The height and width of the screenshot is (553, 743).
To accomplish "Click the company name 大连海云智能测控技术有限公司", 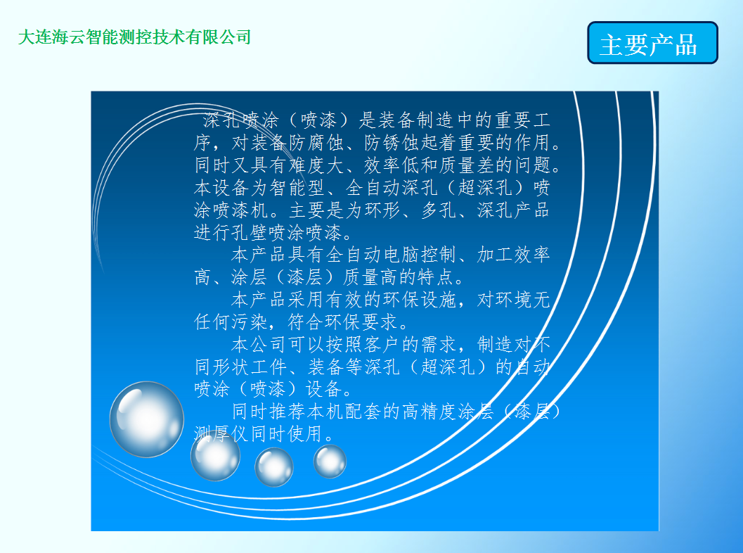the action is pyautogui.click(x=134, y=37).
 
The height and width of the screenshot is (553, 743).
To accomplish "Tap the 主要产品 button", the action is pyautogui.click(x=652, y=43).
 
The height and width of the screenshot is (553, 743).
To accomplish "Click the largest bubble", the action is pyautogui.click(x=147, y=419).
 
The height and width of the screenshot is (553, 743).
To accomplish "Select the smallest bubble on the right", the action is pyautogui.click(x=330, y=461).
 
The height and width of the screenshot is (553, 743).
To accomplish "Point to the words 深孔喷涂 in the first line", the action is pyautogui.click(x=240, y=120).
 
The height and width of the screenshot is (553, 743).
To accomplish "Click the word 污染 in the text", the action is pyautogui.click(x=250, y=322).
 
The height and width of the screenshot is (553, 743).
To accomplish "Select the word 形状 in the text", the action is pyautogui.click(x=231, y=367).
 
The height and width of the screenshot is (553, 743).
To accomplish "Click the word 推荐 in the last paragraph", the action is pyautogui.click(x=288, y=412).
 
